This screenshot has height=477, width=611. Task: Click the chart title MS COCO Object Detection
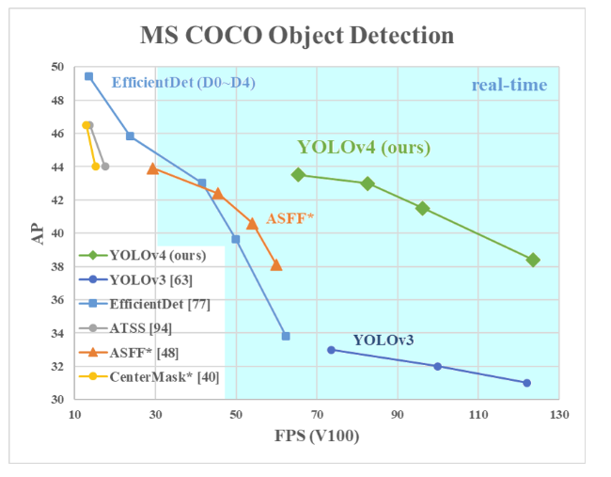click(297, 36)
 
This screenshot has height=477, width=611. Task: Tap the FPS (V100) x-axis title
click(316, 437)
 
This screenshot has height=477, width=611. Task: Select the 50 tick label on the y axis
click(58, 67)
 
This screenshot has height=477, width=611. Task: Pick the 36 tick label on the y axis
click(58, 300)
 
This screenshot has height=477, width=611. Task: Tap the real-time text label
click(509, 86)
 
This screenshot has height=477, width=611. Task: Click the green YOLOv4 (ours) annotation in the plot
click(364, 147)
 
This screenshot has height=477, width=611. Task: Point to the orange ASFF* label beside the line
click(290, 218)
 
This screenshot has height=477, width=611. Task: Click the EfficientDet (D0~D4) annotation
click(183, 83)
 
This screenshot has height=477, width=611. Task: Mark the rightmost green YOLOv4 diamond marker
click(533, 260)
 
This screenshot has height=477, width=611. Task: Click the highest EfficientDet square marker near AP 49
click(88, 76)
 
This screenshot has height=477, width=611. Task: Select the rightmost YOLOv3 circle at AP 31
click(526, 383)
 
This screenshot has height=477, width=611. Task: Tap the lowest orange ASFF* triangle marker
click(276, 265)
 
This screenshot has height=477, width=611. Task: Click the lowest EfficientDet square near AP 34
click(286, 336)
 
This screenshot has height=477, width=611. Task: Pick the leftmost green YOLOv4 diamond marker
click(298, 174)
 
